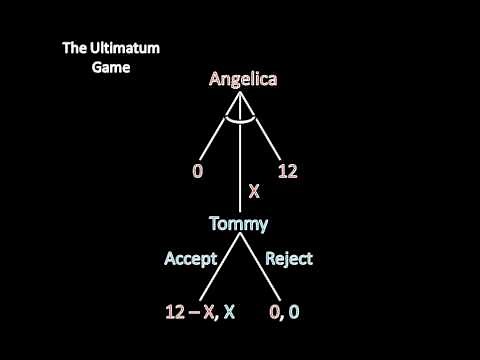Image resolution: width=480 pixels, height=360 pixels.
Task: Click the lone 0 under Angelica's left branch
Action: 197,172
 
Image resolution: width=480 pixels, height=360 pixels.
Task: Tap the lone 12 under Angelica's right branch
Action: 287,172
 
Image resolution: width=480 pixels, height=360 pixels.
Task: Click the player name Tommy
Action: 239,223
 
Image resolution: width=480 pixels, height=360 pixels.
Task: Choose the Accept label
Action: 191,258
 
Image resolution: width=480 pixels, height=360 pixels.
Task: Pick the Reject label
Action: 289,258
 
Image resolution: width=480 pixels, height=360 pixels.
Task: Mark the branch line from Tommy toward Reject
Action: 262,265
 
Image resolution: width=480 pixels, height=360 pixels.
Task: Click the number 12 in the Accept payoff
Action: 175,311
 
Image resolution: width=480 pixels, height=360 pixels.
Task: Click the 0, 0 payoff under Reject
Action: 284,311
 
